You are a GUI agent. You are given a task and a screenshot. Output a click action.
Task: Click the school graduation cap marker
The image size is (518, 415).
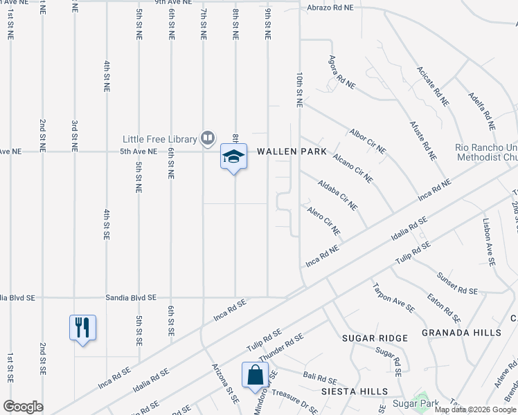(x=233, y=157)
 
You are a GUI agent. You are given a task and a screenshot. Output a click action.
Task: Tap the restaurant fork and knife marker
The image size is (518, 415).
(x=82, y=327)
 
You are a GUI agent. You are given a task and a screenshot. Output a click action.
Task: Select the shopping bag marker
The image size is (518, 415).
(x=255, y=375)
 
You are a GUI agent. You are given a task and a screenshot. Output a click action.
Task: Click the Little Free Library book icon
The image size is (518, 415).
(x=207, y=138)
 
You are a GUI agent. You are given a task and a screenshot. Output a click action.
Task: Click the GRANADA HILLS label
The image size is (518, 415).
(x=469, y=333)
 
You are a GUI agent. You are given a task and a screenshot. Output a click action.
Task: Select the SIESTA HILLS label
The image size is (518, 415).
(x=355, y=391)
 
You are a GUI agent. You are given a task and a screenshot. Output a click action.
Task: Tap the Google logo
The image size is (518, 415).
(x=23, y=407)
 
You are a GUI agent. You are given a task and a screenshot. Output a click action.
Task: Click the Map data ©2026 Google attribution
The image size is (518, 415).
(x=475, y=409)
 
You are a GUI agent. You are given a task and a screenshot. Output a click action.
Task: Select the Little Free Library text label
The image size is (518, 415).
(x=160, y=138)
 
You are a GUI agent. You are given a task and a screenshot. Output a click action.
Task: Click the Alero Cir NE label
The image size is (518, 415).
(x=323, y=219)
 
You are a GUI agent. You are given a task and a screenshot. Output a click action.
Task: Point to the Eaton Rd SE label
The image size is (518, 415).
(x=445, y=308)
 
